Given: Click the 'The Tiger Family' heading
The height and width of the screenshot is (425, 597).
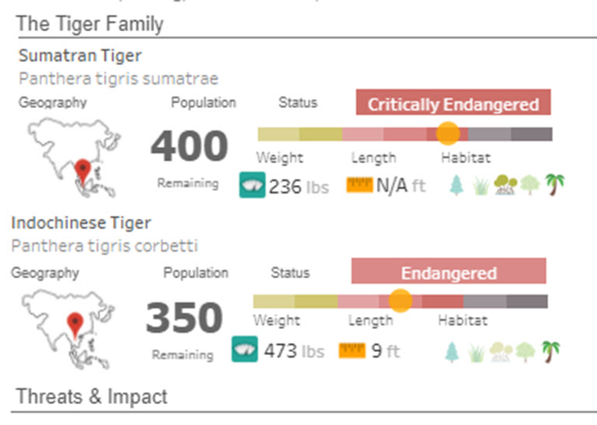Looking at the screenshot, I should tap(89, 23).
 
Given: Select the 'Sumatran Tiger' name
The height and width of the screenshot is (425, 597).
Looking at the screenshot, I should tap(80, 56).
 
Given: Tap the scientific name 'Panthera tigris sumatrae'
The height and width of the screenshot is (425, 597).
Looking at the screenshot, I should tap(118, 78).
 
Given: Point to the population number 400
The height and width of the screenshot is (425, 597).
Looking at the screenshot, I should tap(189, 146).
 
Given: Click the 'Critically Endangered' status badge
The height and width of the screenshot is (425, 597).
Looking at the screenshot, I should tap(453, 104).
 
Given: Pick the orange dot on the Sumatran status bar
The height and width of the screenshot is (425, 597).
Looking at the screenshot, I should tap(448, 133).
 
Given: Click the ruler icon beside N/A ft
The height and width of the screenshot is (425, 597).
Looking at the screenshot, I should tap(359, 185).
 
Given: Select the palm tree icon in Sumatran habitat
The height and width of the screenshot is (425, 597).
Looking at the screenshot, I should tap(555, 184).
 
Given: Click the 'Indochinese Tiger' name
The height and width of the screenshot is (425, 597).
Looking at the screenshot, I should tap(81, 223).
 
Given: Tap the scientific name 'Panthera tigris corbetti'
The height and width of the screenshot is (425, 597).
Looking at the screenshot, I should tap(104, 246).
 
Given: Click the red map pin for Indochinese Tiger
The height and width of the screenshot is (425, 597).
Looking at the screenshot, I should tap(75, 320).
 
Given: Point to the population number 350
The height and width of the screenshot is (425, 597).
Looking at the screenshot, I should tap(183, 318).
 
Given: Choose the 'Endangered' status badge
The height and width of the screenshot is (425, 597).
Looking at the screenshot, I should tap(449, 273).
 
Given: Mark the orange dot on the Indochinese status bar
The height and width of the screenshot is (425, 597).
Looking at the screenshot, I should tap(400, 301).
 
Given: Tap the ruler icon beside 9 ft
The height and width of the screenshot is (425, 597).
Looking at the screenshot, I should tap(351, 351).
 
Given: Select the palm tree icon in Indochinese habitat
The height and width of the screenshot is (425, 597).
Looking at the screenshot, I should tap(551, 351).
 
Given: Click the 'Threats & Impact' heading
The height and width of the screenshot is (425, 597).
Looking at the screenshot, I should tap(92, 396).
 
